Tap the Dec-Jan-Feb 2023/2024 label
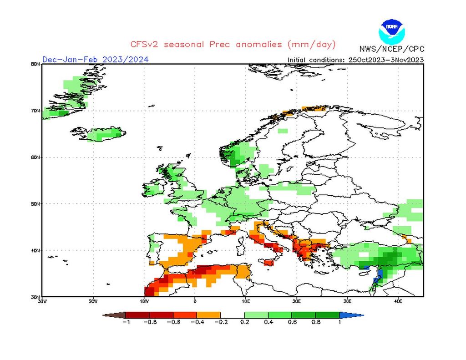point(95,59)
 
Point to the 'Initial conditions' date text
point(355,60)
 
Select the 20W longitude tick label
point(93,301)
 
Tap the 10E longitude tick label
point(245,301)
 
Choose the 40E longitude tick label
point(397,301)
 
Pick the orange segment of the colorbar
point(208,315)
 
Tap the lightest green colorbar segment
point(256,315)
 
